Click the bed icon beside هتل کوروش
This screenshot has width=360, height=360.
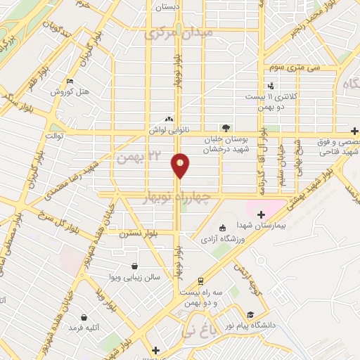pos(70,81)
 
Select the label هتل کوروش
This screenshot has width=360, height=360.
pos(71,92)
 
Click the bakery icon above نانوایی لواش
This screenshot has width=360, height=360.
pos(168,119)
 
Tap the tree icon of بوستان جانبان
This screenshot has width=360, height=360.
pos(226,128)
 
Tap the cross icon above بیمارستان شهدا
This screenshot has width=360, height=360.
pos(262,214)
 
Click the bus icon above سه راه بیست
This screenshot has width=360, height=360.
pos(200,281)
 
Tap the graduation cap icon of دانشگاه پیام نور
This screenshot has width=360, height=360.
pos(250,314)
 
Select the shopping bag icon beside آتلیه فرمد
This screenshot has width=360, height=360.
pos(85,317)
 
